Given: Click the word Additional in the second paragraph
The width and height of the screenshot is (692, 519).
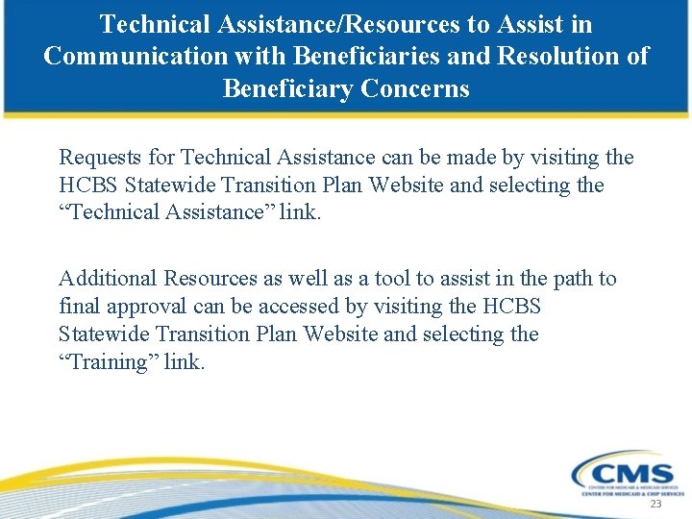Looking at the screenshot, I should (108, 279).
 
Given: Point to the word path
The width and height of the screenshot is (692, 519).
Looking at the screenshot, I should (568, 279).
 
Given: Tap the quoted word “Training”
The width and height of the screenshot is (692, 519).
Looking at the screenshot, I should (110, 362).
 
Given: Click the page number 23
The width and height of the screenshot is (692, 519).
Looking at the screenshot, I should (655, 504).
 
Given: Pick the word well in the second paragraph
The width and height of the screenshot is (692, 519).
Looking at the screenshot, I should (303, 279).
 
